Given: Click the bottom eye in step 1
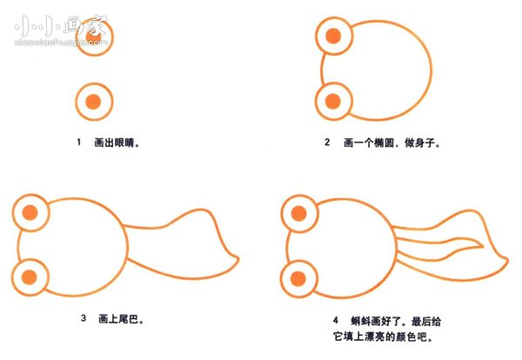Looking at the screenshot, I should [96, 102].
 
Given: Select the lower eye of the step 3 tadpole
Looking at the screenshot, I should [31, 277].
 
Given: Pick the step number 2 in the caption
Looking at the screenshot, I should [327, 143].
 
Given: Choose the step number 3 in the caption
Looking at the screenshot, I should [84, 319].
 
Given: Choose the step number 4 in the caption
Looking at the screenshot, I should [336, 319].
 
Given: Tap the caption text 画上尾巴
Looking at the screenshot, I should [123, 319].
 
